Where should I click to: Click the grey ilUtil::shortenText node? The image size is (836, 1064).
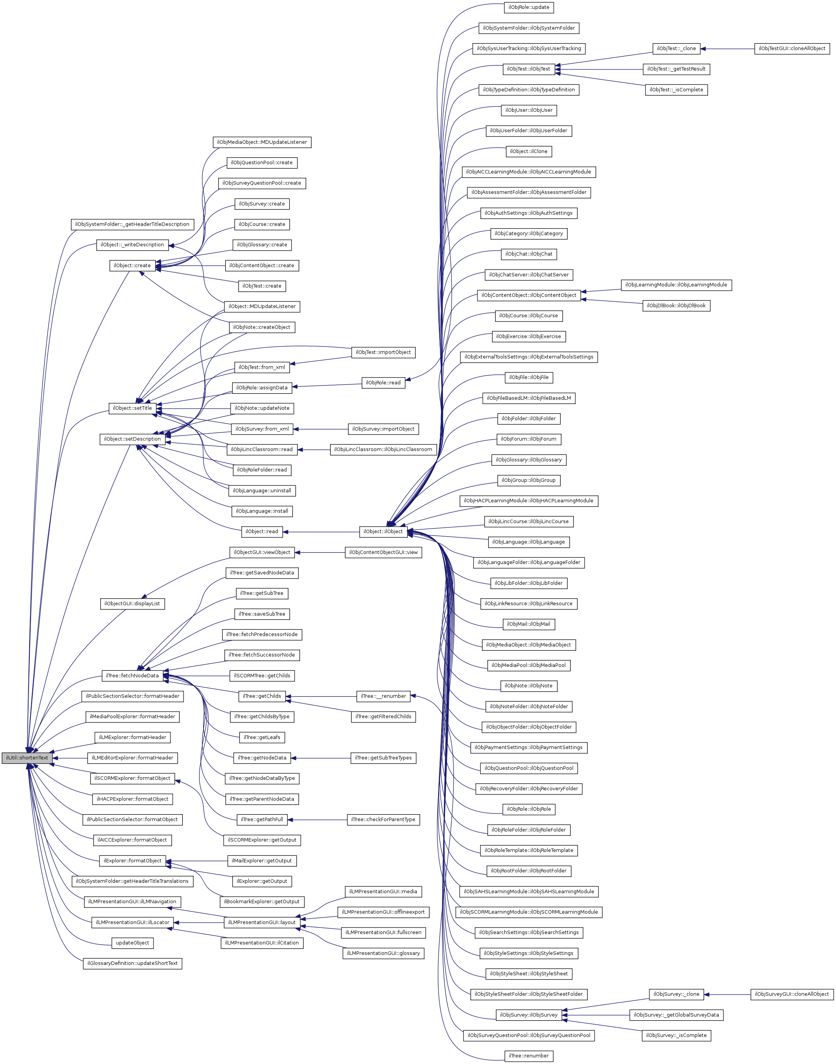pyautogui.click(x=27, y=758)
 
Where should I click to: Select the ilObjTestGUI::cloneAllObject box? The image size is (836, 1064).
pyautogui.click(x=792, y=49)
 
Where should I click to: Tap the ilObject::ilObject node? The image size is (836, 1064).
pyautogui.click(x=383, y=531)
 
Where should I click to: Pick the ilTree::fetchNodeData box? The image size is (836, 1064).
pyautogui.click(x=132, y=675)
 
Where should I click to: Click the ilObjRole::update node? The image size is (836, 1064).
pyautogui.click(x=529, y=7)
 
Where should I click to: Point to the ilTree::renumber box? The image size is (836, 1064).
pyautogui.click(x=529, y=1055)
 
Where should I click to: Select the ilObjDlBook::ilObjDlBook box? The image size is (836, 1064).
pyautogui.click(x=676, y=306)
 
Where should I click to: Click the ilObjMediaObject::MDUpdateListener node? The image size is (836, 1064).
pyautogui.click(x=262, y=142)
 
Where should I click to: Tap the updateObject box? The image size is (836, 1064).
pyautogui.click(x=133, y=943)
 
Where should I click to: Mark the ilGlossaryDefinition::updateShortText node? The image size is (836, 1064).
pyautogui.click(x=133, y=963)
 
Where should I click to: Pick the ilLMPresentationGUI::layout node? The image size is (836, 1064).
pyautogui.click(x=262, y=922)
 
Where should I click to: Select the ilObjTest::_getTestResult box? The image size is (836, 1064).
pyautogui.click(x=676, y=69)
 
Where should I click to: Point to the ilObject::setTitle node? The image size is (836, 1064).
pyautogui.click(x=132, y=408)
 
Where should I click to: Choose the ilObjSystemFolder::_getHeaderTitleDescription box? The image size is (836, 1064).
pyautogui.click(x=132, y=224)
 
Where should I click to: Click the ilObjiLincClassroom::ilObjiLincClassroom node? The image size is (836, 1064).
pyautogui.click(x=383, y=449)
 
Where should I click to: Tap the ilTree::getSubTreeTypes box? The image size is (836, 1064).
pyautogui.click(x=383, y=758)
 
